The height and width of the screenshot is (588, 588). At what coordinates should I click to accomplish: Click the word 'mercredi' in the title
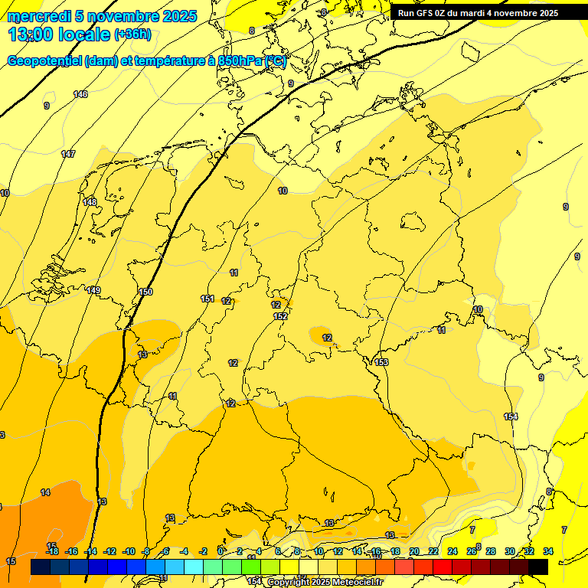(38, 16)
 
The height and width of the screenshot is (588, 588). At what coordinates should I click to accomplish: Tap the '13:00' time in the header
(31, 34)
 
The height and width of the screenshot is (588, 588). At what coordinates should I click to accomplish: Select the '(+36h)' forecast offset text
(132, 34)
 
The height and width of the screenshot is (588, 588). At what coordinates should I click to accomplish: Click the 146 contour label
(80, 94)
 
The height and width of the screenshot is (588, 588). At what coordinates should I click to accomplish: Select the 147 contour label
(68, 154)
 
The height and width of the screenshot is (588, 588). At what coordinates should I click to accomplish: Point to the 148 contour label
(90, 202)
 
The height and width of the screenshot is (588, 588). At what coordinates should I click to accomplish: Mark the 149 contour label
(93, 290)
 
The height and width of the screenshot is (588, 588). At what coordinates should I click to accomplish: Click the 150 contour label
(145, 292)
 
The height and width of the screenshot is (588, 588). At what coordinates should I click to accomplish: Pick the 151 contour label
(207, 299)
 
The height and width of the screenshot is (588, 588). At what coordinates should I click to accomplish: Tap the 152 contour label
(280, 316)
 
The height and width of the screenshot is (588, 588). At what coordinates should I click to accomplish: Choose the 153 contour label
(381, 362)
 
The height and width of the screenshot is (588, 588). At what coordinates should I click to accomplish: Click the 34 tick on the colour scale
(548, 551)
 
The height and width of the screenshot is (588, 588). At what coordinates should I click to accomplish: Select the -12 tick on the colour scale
(109, 551)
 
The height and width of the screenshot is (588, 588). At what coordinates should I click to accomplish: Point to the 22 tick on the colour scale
(433, 551)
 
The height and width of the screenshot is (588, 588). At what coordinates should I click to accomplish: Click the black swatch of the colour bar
(538, 567)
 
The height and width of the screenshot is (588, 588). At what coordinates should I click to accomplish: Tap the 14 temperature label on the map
(45, 492)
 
